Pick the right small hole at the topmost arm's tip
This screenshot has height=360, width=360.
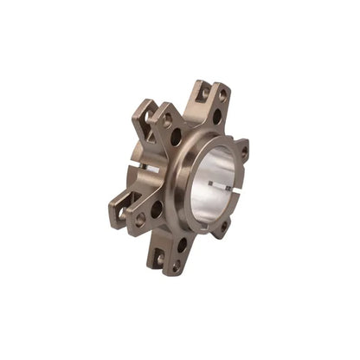click(x=222, y=94)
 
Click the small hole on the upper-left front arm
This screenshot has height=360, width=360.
click(x=167, y=122)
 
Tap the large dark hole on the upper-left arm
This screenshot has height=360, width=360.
click(x=177, y=137)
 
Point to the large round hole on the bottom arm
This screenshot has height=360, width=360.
click(x=182, y=245)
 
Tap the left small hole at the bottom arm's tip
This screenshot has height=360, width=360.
click(x=159, y=257)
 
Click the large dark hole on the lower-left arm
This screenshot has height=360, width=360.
click(x=157, y=209)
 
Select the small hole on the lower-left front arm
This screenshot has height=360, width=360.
click(x=139, y=220)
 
